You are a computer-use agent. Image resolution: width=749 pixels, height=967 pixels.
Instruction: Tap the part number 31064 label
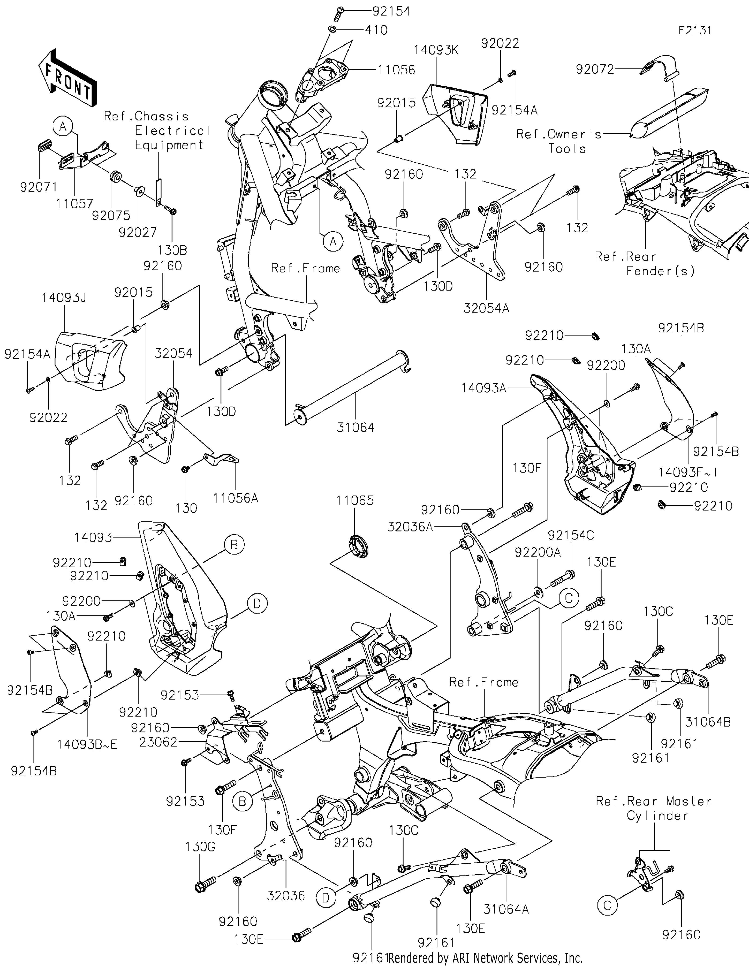(x=355, y=427)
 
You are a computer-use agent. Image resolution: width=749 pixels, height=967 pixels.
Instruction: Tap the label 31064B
(x=707, y=722)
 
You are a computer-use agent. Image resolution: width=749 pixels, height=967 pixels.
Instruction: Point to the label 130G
(x=200, y=847)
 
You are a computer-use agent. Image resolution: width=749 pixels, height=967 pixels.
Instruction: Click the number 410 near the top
(x=376, y=30)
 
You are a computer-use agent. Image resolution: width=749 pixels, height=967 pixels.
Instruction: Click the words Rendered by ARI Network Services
(x=485, y=958)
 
